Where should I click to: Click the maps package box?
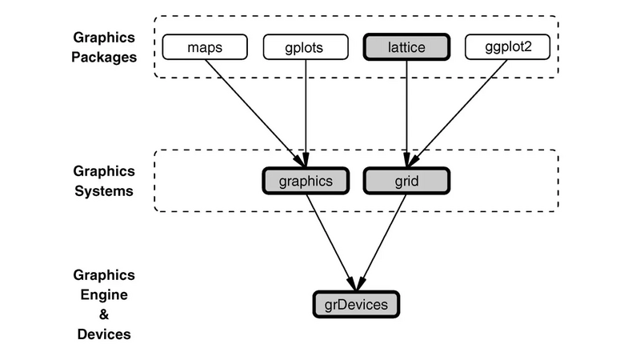click(204, 47)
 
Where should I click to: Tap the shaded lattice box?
click(406, 47)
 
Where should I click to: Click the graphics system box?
click(306, 181)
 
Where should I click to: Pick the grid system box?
click(407, 181)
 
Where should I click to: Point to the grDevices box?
click(355, 304)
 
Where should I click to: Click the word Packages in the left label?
click(104, 57)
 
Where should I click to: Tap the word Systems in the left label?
click(104, 191)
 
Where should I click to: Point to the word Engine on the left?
click(104, 294)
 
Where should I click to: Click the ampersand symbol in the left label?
click(104, 314)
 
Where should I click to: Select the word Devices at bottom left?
click(104, 334)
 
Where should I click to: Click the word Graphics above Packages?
click(104, 38)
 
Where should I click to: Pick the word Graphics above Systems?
click(104, 171)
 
